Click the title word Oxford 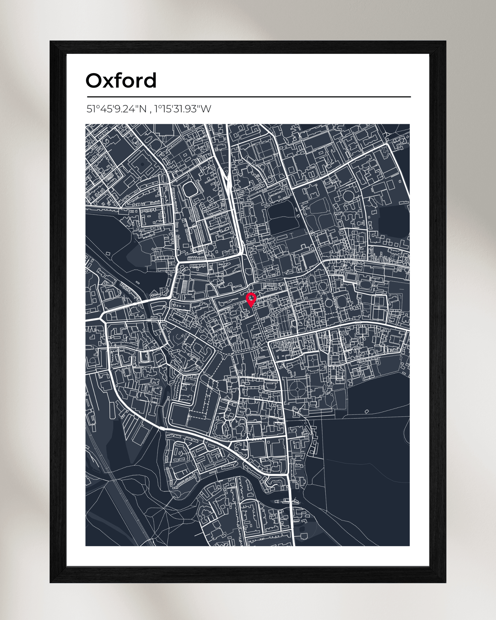tap(121, 81)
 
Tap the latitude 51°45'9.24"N tap(116, 109)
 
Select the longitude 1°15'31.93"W tap(182, 109)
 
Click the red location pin tap(251, 299)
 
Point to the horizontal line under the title tap(249, 97)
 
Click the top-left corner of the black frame tap(51, 42)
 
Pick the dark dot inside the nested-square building tap(142, 164)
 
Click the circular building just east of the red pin tap(328, 303)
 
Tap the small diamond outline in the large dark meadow tap(367, 411)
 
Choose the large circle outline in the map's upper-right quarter tap(348, 196)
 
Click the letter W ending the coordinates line tap(206, 109)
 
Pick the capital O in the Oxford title tap(95, 81)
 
